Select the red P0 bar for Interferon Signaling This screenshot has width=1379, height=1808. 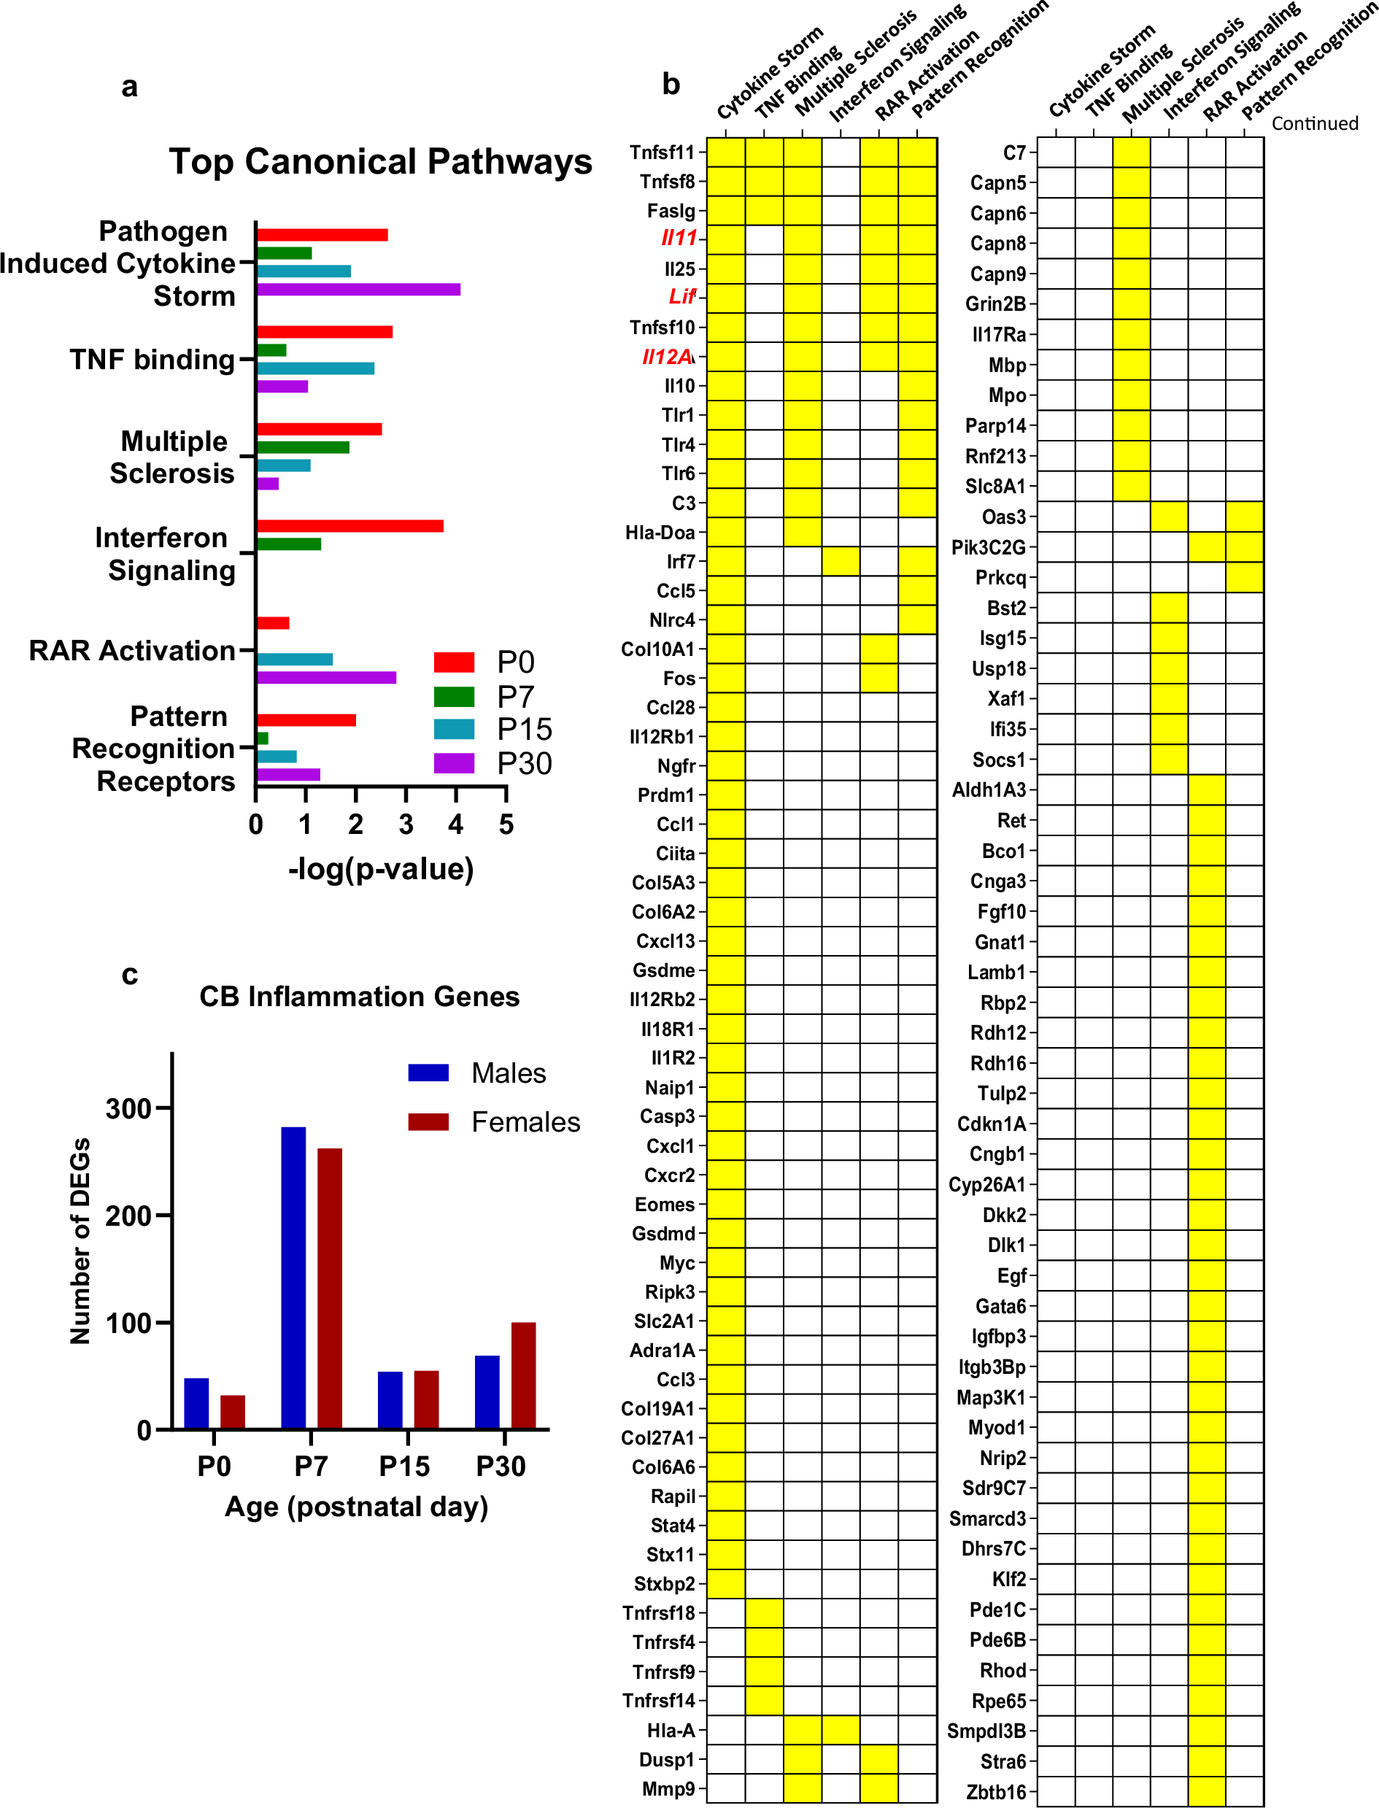[349, 526]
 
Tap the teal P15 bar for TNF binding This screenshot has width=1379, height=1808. [315, 368]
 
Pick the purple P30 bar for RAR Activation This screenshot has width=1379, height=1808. [326, 677]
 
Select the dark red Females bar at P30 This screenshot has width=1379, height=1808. [523, 1375]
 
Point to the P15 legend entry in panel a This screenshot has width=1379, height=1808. [492, 730]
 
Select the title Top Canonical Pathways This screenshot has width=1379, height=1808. [380, 162]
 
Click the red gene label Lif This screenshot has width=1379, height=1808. [681, 296]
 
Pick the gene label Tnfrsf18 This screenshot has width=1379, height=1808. [658, 1612]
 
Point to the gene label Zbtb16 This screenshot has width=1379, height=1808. [996, 1792]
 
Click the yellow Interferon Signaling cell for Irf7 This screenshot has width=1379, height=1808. [841, 561]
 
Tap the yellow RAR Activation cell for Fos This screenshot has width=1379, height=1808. [878, 678]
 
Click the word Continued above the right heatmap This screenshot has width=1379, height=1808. [1314, 123]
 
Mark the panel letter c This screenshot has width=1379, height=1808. [129, 974]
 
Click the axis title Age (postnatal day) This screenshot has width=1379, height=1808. [356, 1506]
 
